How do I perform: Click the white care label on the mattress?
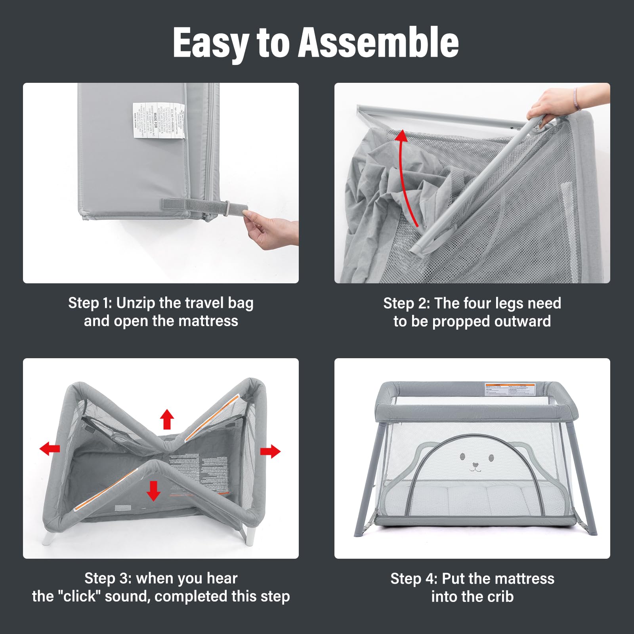pyautogui.click(x=159, y=120)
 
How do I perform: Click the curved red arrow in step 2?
pyautogui.click(x=406, y=174)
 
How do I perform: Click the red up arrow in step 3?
pyautogui.click(x=167, y=419)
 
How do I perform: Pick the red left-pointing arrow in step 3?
pyautogui.click(x=50, y=449)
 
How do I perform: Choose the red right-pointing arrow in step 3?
pyautogui.click(x=270, y=451)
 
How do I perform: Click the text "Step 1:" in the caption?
pyautogui.click(x=90, y=303)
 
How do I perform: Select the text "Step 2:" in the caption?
pyautogui.click(x=406, y=304)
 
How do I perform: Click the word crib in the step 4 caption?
pyautogui.click(x=499, y=597)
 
